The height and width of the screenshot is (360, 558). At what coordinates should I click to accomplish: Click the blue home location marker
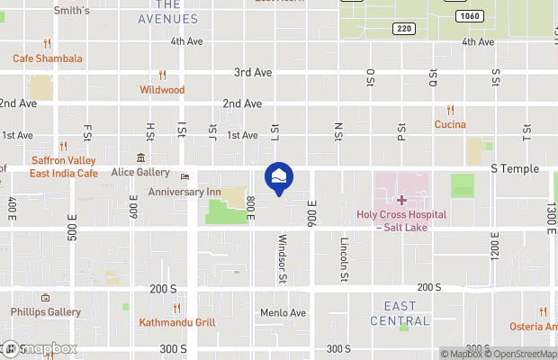(x=279, y=176)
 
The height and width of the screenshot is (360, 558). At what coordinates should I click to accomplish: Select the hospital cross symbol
(x=400, y=199)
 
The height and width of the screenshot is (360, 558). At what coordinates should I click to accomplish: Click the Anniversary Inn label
(x=184, y=192)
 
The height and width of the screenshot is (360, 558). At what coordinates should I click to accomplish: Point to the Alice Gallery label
(x=140, y=172)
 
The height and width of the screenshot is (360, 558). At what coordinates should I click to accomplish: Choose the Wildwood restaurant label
(x=162, y=90)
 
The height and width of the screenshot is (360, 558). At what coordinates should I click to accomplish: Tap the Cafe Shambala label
(x=48, y=58)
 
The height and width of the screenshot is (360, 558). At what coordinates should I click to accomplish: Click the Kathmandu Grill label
(x=175, y=322)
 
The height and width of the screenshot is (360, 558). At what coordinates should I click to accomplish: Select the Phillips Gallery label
(x=46, y=312)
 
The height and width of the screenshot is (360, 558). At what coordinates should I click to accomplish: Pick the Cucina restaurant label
(x=449, y=123)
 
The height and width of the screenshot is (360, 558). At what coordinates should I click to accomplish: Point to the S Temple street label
(x=515, y=168)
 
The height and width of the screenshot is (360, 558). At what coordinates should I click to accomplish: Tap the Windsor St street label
(x=281, y=259)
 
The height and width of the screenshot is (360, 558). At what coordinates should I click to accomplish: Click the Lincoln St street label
(x=344, y=256)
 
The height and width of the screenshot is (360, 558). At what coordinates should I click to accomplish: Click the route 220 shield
(x=402, y=30)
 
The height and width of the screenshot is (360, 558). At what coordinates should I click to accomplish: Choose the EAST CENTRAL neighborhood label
(x=400, y=314)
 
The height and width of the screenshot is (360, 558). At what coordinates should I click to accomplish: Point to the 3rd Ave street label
(x=253, y=72)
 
